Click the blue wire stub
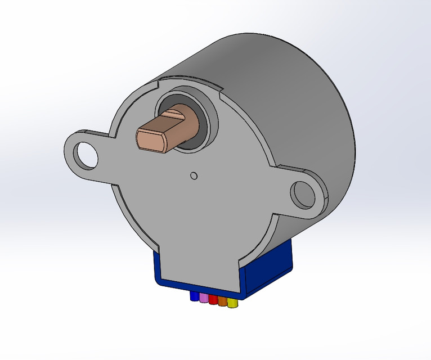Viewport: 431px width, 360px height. click(x=195, y=296)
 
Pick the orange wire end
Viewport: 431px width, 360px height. click(x=222, y=301)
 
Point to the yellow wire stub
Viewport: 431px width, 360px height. click(x=232, y=304)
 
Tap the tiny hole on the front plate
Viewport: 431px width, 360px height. click(x=194, y=175)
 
